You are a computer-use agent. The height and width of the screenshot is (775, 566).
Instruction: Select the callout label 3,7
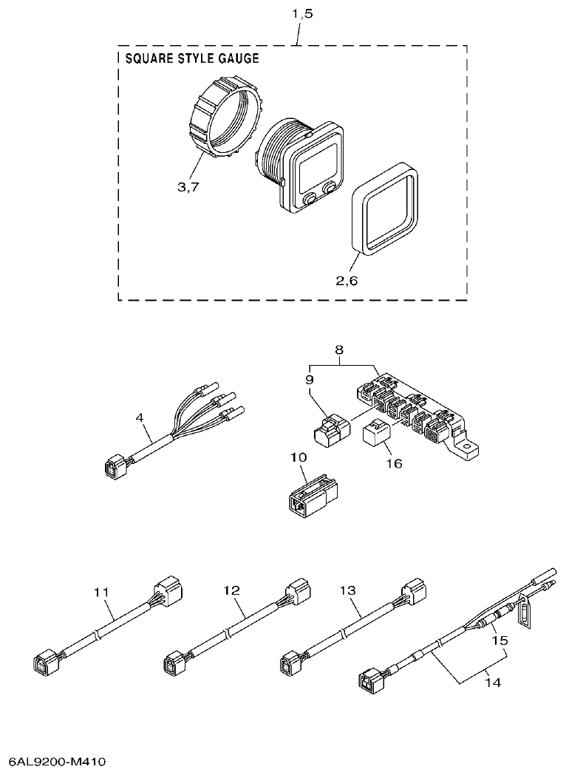pos(188,186)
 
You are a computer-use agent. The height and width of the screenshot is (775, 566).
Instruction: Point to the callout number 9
pos(310,379)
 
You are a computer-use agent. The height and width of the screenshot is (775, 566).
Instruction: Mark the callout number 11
pos(102,591)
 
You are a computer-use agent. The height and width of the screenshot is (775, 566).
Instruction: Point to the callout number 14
pos(493,683)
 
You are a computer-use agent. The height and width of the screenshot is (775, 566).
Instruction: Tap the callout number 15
pos(501,641)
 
